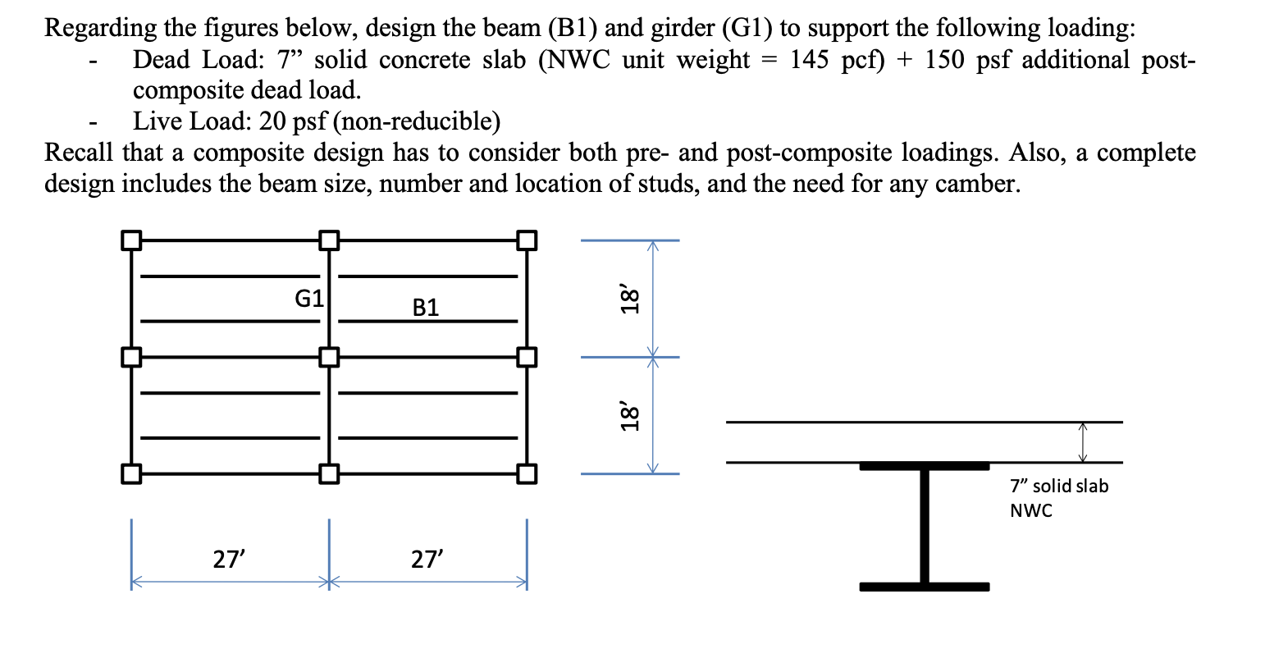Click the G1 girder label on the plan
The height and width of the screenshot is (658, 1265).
(309, 298)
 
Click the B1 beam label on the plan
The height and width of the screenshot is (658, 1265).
(426, 308)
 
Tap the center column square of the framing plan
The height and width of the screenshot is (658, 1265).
(328, 358)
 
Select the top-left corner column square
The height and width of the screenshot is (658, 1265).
(130, 240)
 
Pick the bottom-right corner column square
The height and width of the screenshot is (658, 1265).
(527, 474)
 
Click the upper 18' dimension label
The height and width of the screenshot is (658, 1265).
(629, 299)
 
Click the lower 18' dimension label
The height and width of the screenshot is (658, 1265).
(629, 416)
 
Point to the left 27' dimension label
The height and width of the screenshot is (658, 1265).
(229, 560)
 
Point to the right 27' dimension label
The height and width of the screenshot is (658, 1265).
(427, 560)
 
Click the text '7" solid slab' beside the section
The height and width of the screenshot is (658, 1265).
(1058, 486)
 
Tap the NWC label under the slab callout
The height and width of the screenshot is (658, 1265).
(1030, 510)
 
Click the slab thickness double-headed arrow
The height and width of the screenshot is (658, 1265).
(1083, 442)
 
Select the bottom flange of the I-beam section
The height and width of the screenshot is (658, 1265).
(925, 587)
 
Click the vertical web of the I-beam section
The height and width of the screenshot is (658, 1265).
(925, 525)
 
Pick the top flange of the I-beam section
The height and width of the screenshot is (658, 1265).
(925, 466)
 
